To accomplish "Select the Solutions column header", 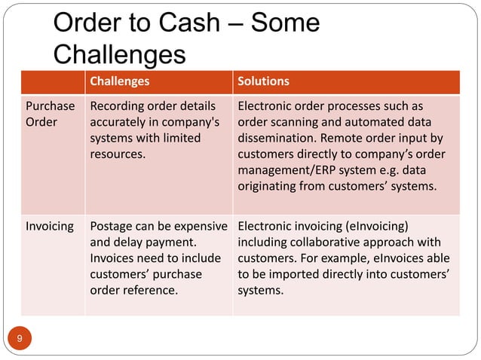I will pos(263,81).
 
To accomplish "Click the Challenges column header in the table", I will pos(120,81).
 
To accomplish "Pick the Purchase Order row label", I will pos(50,114).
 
